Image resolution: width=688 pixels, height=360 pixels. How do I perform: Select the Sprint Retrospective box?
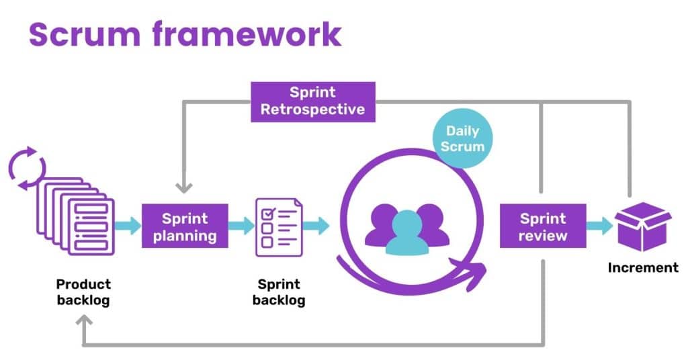click(x=312, y=101)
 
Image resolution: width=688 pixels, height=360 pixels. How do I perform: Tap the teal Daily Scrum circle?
click(x=462, y=138)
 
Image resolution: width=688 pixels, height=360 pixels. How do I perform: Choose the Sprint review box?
click(x=543, y=226)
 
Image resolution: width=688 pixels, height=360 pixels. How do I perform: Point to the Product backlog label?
click(x=83, y=292)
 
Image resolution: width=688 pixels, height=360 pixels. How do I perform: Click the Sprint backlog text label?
click(x=279, y=292)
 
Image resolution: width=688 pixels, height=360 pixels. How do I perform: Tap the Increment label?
click(x=643, y=267)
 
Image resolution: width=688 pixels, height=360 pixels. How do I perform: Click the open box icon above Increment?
click(x=643, y=226)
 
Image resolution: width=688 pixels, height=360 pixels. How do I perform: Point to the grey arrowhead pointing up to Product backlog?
click(x=84, y=324)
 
